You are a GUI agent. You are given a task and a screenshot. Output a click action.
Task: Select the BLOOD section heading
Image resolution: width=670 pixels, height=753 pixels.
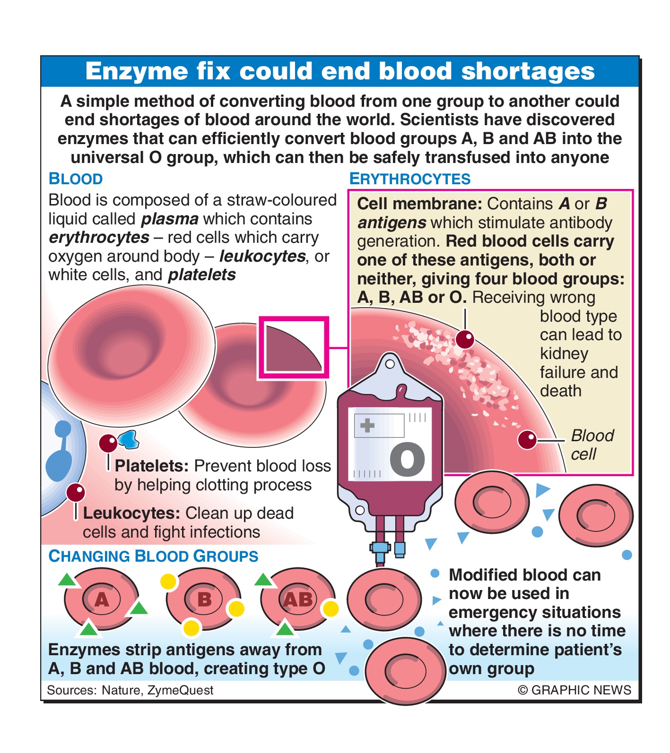76,179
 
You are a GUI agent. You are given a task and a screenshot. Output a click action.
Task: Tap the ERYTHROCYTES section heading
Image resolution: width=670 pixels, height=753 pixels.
410,179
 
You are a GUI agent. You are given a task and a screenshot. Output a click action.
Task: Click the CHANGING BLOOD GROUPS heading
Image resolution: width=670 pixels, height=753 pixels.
153,556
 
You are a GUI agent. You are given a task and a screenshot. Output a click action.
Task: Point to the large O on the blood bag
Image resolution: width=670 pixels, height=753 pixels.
408,459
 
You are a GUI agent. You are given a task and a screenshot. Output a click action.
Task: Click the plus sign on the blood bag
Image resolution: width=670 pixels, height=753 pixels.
367,425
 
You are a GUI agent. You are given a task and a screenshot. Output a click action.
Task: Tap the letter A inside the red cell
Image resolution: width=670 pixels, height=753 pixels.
102,599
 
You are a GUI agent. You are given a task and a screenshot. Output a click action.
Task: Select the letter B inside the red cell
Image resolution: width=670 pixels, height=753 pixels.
204,599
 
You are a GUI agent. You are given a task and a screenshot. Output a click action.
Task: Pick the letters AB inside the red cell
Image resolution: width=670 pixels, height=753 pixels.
298,599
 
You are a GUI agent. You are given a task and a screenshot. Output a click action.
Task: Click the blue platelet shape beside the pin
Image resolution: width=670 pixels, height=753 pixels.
129,439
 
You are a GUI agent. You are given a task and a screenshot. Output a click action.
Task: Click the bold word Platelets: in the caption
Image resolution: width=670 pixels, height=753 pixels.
152,466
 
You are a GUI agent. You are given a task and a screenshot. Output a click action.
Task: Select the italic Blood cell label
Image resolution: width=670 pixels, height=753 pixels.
592,445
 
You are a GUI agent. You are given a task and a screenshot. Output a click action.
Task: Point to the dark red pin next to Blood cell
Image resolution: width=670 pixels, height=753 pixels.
527,440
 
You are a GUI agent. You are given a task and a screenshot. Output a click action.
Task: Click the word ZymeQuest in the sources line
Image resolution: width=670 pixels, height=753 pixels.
180,690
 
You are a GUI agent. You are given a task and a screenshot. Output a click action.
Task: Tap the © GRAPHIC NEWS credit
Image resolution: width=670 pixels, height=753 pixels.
574,690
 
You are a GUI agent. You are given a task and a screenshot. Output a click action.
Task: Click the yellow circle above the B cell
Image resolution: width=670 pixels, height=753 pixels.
168,582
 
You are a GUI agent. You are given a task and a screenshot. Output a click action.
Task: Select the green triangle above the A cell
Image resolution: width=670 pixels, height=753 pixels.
67,580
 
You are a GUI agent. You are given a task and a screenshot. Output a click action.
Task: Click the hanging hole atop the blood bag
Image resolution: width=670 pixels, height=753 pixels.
390,364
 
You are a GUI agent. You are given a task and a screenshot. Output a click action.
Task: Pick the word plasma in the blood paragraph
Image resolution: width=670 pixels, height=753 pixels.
170,219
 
